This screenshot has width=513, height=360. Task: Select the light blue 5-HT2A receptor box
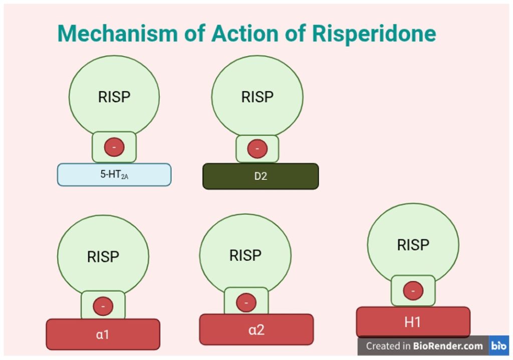(114, 175)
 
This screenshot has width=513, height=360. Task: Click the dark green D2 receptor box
(261, 176)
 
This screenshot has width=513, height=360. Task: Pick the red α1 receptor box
(103, 334)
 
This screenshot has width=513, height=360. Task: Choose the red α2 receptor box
(256, 329)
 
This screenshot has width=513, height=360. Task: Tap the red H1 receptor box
(413, 322)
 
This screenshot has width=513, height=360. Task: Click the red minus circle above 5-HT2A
(114, 147)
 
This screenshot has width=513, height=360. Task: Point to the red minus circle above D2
(257, 149)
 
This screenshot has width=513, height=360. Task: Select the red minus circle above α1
(103, 306)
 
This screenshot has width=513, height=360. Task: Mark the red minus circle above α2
(246, 303)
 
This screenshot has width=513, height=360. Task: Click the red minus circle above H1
(413, 291)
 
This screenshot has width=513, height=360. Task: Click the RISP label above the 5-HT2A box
(114, 97)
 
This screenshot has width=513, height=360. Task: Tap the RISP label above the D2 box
(257, 97)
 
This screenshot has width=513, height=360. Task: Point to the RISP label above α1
(103, 257)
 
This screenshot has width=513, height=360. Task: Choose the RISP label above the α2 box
(245, 255)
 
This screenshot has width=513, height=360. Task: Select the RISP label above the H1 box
(413, 245)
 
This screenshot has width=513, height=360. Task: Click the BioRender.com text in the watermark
(448, 346)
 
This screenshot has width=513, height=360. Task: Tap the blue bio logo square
(499, 345)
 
